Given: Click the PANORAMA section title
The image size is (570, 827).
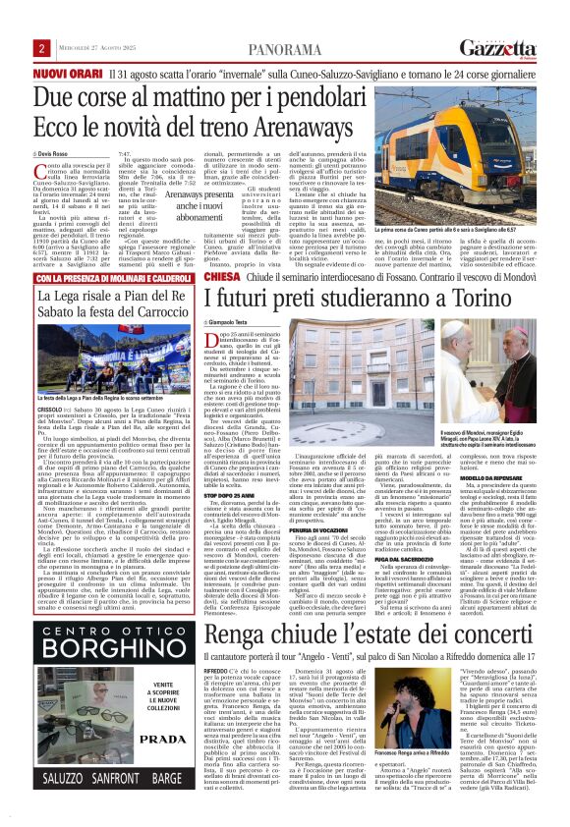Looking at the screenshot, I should pyautogui.click(x=283, y=48).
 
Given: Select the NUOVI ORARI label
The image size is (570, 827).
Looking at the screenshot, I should pyautogui.click(x=65, y=74).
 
